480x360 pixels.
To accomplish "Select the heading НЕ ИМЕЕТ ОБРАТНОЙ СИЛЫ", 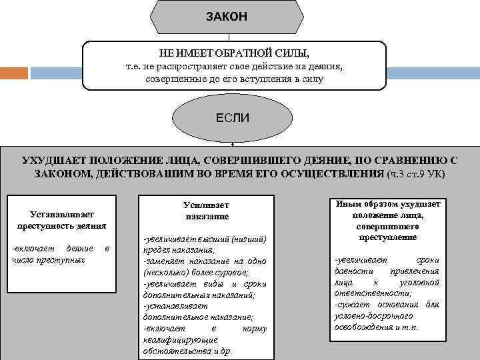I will (235, 53).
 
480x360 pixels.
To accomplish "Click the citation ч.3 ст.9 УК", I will (417, 173).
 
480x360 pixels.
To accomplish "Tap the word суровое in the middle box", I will (230, 273).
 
